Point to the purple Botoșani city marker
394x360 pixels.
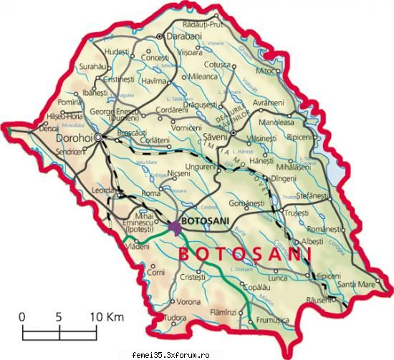pos(176,228)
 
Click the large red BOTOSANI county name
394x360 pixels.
pos(244,255)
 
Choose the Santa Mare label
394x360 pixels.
pos(357,284)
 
